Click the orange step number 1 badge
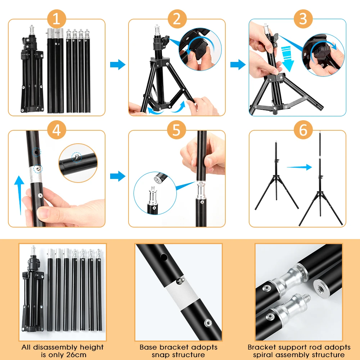pos(57,19)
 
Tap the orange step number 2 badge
pos(177,19)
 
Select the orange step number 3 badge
pos(303,19)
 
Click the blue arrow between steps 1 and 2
pos(118,64)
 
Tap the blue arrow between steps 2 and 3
pos(238,64)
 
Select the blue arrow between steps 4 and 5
pos(118,176)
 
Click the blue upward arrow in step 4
pos(19,195)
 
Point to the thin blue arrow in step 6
pos(300,167)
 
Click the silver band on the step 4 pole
pos(36,174)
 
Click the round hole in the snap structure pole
pos(164,257)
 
